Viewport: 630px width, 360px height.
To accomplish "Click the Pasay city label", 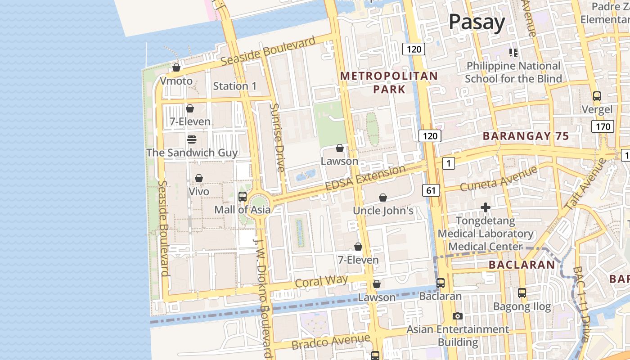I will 477,22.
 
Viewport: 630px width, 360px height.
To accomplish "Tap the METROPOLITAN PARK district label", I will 389,82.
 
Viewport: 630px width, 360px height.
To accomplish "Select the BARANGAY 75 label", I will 526,136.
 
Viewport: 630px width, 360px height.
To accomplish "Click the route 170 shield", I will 603,126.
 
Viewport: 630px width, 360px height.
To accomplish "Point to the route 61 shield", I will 431,190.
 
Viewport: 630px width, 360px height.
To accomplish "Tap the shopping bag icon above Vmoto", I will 176,67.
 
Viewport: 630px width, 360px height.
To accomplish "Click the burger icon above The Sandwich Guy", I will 192,139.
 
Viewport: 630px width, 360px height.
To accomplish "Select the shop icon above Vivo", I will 199,178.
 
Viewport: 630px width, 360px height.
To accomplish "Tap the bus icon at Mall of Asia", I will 242,196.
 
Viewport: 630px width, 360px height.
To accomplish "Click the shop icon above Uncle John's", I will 383,198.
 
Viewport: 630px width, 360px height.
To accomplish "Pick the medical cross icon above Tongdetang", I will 485,207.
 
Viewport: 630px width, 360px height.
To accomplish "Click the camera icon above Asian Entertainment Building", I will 458,316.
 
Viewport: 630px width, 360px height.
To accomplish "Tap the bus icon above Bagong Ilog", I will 522,293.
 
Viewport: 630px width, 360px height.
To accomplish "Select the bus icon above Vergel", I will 597,96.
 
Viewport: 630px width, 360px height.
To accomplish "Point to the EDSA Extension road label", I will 365,178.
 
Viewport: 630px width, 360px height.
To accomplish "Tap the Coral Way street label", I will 321,281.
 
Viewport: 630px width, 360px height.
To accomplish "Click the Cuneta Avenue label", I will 499,178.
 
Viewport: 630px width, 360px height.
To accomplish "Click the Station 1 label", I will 234,86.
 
